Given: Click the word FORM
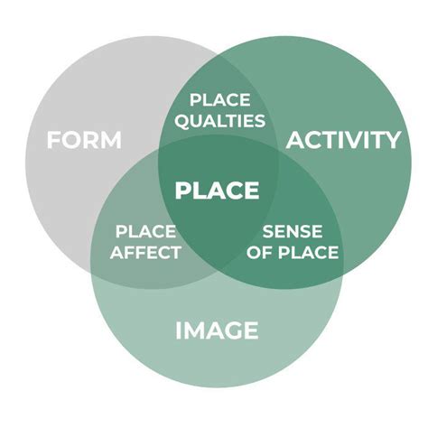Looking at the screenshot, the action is pyautogui.click(x=84, y=140).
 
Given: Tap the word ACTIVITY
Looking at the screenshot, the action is pyautogui.click(x=343, y=140).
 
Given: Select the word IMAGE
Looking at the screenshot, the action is pyautogui.click(x=217, y=330).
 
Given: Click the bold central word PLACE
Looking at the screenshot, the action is pyautogui.click(x=217, y=191).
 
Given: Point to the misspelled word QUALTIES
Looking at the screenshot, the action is pyautogui.click(x=220, y=121).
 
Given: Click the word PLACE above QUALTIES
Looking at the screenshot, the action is pyautogui.click(x=220, y=100).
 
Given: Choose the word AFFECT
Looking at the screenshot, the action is pyautogui.click(x=145, y=252).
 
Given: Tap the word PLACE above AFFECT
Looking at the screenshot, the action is pyautogui.click(x=146, y=231).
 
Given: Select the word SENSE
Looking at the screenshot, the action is pyautogui.click(x=293, y=231).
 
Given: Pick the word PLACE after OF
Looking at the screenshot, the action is pyautogui.click(x=308, y=252).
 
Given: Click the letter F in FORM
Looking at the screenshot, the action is pyautogui.click(x=53, y=140).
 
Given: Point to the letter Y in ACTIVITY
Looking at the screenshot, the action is pyautogui.click(x=391, y=140).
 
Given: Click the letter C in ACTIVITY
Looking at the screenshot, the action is pyautogui.click(x=313, y=140).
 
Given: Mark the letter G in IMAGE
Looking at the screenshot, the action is pyautogui.click(x=233, y=330).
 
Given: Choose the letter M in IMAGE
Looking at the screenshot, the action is pyautogui.click(x=192, y=330).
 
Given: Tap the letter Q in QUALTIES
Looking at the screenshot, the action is pyautogui.click(x=182, y=121).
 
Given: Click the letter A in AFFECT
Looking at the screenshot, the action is pyautogui.click(x=117, y=252).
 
